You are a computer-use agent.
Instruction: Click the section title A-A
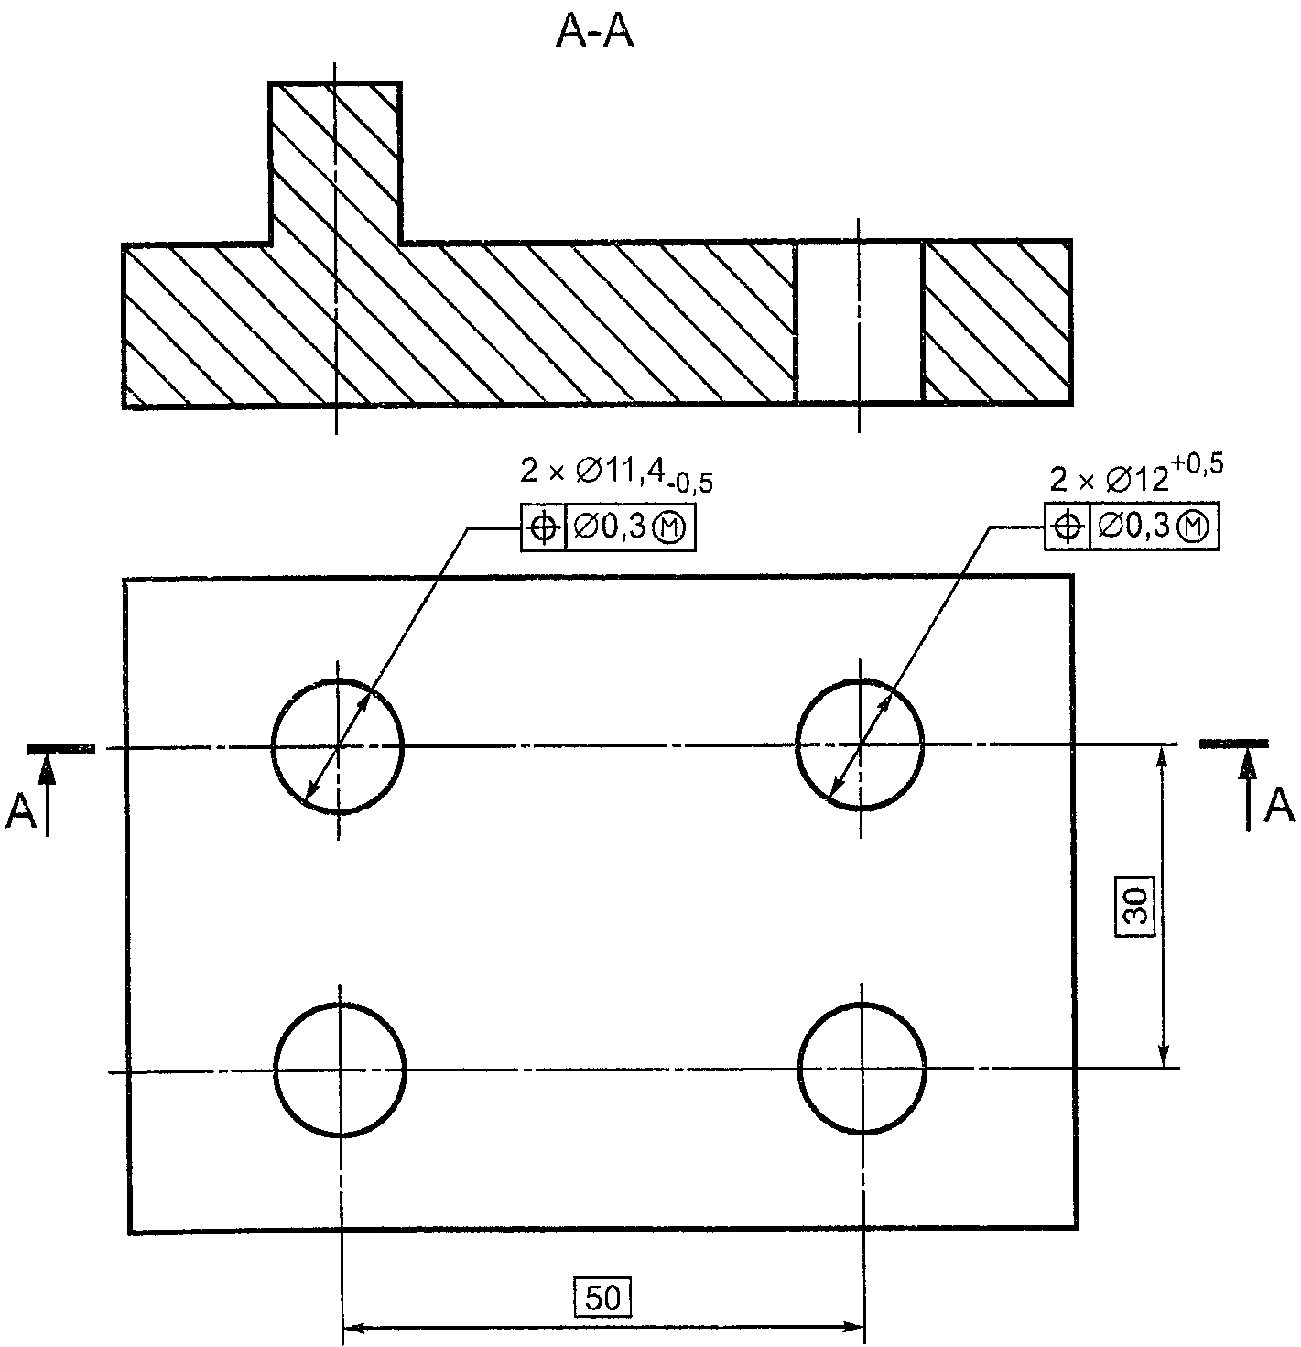[594, 33]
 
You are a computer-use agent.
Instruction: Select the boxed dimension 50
[602, 1298]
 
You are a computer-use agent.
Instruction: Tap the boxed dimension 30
[1135, 906]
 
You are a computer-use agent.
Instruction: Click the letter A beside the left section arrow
[20, 810]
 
